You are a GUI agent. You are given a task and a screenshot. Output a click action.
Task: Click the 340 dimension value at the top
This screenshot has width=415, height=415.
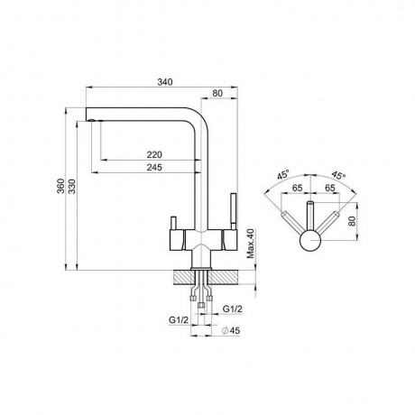[x=165, y=82]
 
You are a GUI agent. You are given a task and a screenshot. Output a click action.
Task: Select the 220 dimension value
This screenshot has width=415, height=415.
[x=154, y=154]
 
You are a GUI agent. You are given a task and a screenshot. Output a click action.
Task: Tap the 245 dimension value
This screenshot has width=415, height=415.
[x=154, y=167]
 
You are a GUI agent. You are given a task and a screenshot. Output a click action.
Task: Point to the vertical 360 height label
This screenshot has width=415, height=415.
[x=61, y=186]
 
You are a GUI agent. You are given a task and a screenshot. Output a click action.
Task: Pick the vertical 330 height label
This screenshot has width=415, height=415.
[x=72, y=186]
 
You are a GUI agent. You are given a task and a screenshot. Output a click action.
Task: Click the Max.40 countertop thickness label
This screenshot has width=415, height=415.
[x=251, y=244]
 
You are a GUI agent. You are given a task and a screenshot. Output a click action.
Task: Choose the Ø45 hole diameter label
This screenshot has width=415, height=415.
[x=231, y=330]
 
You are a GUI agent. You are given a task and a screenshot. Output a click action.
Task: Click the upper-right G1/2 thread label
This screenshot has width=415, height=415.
[x=232, y=309]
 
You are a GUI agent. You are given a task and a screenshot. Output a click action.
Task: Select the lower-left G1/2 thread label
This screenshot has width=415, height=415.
[x=179, y=320]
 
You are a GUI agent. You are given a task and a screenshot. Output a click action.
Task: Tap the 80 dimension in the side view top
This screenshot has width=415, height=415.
[x=217, y=93]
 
